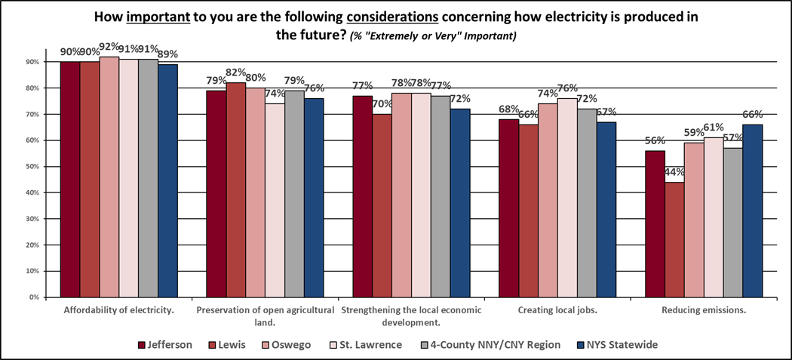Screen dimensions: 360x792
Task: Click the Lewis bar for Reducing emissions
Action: click(674, 239)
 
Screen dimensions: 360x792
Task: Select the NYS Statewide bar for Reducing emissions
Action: click(752, 211)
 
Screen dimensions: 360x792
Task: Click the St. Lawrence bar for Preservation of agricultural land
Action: click(275, 200)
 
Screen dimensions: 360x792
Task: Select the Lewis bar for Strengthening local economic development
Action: click(382, 205)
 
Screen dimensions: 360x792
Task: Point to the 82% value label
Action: click(236, 73)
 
